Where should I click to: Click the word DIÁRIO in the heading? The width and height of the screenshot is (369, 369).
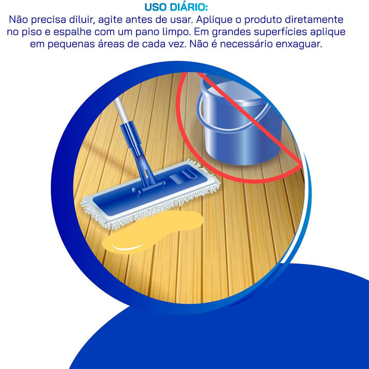[x=189, y=7]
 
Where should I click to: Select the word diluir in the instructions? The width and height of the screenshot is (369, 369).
[x=82, y=19]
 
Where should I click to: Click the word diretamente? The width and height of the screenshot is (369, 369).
[x=314, y=19]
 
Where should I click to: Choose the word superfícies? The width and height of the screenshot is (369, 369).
[x=280, y=32]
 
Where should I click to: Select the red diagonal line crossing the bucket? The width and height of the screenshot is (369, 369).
[x=249, y=119]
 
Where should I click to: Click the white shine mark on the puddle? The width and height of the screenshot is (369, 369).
[x=127, y=247]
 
